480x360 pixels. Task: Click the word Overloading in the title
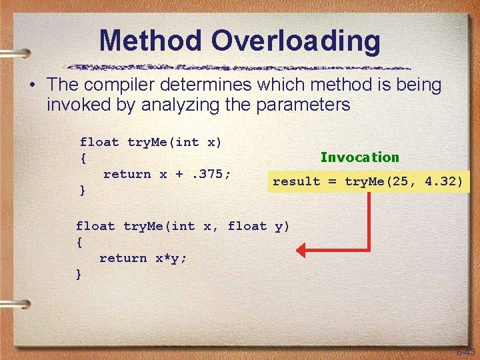tap(297, 41)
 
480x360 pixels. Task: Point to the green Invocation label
tap(359, 157)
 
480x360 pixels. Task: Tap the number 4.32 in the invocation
tap(443, 181)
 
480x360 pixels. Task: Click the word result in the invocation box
tap(296, 181)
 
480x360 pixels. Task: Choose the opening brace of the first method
tap(83, 158)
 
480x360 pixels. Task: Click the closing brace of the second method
tap(79, 274)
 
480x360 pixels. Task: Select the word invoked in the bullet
tap(77, 105)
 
